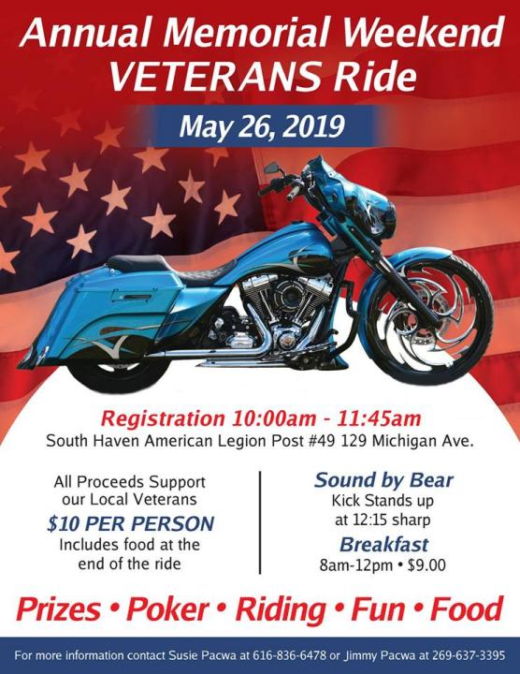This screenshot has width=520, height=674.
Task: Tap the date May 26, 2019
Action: point(262,126)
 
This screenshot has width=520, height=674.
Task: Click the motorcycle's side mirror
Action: point(272,168)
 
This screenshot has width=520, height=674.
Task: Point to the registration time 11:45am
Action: point(379,418)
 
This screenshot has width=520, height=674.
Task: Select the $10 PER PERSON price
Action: point(131,523)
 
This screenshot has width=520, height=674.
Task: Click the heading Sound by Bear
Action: point(383,480)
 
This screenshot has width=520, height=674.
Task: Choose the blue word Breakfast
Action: point(383,545)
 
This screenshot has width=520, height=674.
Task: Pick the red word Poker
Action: point(168,609)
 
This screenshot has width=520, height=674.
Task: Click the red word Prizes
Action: point(58,609)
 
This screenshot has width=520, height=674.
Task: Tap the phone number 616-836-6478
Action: point(290,656)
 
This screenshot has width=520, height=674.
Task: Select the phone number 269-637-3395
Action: point(469,656)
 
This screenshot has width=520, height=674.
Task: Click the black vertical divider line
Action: point(260,522)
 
